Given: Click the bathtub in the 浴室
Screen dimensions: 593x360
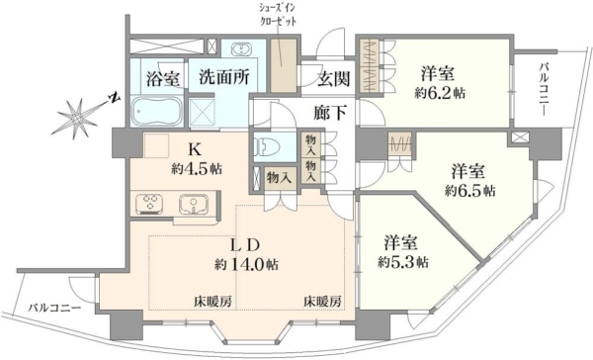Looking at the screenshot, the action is (x=157, y=112).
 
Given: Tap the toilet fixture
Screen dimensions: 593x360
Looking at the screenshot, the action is (x=268, y=146).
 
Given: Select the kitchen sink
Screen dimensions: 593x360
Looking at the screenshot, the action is (x=192, y=205).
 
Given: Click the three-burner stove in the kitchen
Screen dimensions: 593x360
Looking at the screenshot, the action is (x=149, y=205).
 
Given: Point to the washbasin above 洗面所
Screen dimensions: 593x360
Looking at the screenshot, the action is (x=240, y=49).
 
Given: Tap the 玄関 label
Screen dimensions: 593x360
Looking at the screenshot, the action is (x=334, y=79).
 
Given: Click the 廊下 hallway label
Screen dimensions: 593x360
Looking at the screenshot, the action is (x=330, y=113).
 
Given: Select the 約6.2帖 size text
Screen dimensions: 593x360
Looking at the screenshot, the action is (x=440, y=93).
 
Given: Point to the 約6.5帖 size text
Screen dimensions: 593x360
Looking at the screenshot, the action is (x=470, y=191).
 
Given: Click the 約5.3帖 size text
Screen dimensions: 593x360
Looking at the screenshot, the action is (x=403, y=262).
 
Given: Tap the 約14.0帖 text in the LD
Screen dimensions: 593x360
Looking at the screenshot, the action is (x=246, y=264).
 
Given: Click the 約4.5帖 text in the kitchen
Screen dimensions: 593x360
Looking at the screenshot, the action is (x=197, y=169).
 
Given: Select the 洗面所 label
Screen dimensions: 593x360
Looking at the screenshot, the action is (x=224, y=77).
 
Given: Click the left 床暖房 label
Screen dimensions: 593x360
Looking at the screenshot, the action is (x=212, y=302).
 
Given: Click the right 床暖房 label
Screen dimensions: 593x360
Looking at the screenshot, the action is (x=322, y=302).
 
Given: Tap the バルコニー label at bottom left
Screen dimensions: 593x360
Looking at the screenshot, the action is (x=54, y=308).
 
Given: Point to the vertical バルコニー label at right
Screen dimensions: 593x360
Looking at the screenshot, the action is (x=544, y=90).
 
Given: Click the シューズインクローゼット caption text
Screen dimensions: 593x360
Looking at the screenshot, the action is (x=278, y=15).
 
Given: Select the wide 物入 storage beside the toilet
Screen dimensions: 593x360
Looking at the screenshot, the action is (x=279, y=178).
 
